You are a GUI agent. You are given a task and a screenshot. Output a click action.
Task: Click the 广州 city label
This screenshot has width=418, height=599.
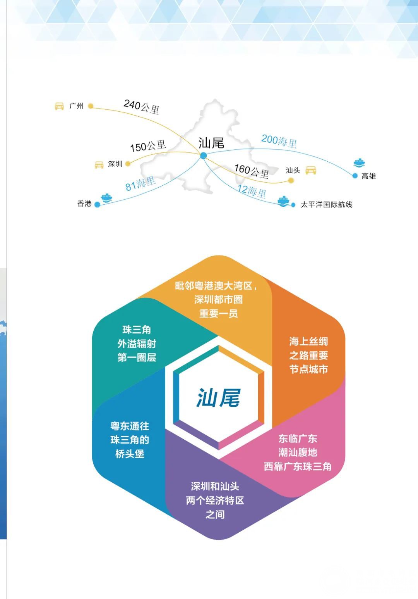pos(76,106)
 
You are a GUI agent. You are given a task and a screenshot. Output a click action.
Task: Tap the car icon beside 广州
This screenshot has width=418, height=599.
pos(59,106)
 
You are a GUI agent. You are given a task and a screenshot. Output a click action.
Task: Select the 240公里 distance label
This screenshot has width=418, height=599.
pos(142,107)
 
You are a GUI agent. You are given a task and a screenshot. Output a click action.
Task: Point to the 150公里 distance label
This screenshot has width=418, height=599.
pos(148,146)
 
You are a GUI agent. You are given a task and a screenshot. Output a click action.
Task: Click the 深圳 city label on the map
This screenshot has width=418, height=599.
pos(115,164)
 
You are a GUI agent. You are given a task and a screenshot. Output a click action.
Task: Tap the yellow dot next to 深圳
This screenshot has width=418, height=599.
pos(128,164)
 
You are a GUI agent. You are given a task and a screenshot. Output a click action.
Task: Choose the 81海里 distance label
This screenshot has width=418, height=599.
pos(140,183)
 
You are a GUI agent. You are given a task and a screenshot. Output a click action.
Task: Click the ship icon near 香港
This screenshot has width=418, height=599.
pos(106,198)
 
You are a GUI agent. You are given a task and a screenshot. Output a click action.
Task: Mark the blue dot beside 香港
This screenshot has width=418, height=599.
pos(98,205)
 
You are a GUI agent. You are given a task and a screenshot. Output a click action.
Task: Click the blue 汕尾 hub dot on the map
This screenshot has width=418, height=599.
pos(204,155)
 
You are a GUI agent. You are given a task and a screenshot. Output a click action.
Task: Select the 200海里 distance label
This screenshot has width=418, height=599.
pos(279,141)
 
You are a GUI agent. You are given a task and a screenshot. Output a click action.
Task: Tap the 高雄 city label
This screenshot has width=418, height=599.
pos(368,176)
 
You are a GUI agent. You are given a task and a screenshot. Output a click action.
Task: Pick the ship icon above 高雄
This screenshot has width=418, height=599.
pos(359,162)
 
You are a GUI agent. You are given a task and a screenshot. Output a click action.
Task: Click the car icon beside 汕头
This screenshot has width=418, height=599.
pos(311,170)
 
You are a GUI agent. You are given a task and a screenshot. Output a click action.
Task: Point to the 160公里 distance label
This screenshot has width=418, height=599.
pos(252,171)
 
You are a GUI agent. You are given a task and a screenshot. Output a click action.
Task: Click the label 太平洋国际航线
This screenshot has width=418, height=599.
pos(326,205)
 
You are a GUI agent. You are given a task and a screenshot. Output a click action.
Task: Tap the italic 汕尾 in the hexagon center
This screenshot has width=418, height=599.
pos(218,398)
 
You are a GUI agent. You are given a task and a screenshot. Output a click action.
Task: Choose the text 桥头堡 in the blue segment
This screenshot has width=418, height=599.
pos(130,454)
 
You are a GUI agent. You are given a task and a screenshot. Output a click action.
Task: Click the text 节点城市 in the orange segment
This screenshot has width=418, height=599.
pos(308,369)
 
